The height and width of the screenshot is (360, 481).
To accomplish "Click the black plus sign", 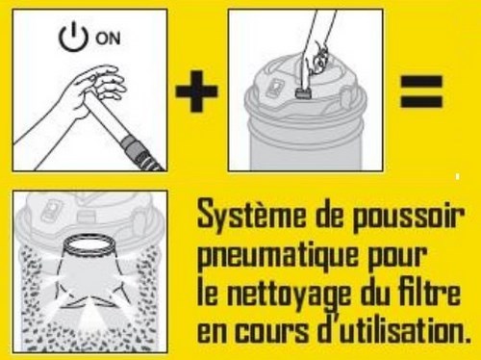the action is pos(196,90).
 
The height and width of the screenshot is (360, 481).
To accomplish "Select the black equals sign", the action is pos(421,91).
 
